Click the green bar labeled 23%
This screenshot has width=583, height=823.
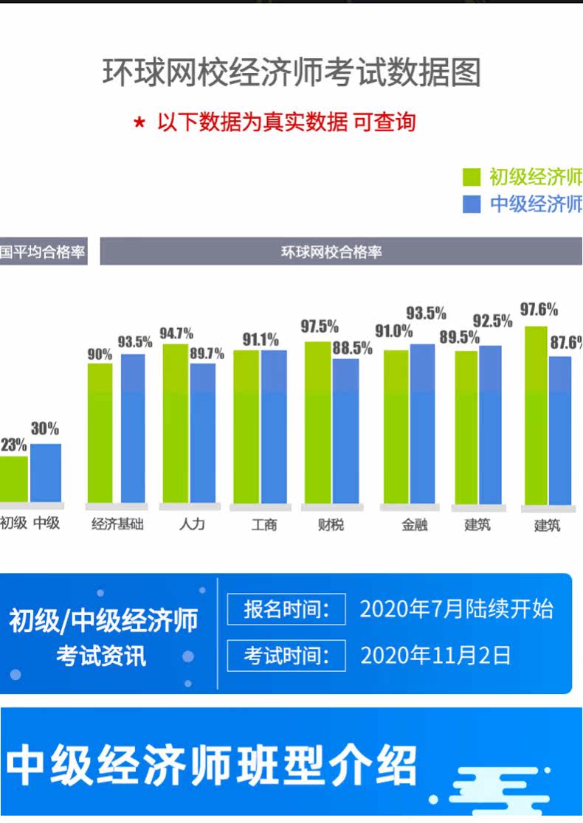coord(14,479)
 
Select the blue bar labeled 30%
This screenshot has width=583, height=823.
coord(46,473)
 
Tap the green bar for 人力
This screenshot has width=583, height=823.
coord(176,423)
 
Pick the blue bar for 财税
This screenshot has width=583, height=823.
coord(345,431)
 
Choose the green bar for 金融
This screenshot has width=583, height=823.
coord(396,427)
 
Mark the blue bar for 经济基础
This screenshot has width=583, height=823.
coord(133,428)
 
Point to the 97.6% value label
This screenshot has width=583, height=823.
coord(539,309)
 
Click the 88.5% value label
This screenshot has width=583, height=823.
coord(353,347)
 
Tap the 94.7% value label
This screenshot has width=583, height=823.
coord(176,333)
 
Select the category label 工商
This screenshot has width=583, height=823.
coord(263,524)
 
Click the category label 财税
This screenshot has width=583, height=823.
coord(331,524)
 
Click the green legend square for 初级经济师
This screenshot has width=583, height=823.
coord(472,177)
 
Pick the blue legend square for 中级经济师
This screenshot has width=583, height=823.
coord(472,204)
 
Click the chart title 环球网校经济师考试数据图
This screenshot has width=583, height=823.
coord(291,72)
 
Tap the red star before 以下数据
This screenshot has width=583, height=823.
coord(139,123)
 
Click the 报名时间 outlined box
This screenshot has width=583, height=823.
coord(286,609)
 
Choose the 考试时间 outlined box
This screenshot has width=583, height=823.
coord(286,655)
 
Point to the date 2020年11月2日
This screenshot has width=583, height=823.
coord(435,655)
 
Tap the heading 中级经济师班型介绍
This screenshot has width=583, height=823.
coord(212,765)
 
